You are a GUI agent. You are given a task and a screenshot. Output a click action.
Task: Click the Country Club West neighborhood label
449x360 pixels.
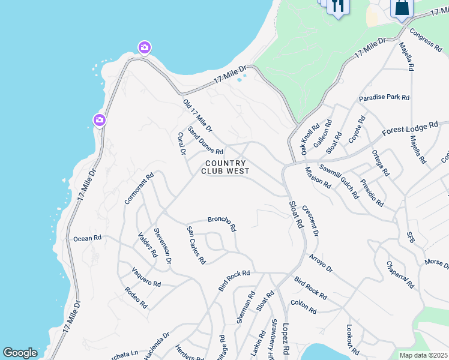tap(225, 167)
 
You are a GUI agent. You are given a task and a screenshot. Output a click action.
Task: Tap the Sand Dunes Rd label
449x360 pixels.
tap(205, 140)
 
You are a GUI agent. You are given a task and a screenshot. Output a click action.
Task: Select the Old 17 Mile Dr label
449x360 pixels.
tap(197, 116)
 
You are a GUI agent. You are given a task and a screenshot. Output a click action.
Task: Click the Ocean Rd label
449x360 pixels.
tap(87, 238)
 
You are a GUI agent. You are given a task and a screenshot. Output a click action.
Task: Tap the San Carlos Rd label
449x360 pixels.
tap(196, 245)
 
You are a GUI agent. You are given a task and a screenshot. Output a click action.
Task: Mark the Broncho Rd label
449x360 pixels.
tap(222, 224)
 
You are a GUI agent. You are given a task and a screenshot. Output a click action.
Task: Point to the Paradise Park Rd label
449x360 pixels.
tap(384, 97)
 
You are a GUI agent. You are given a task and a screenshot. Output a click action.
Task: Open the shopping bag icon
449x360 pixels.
tap(402, 8)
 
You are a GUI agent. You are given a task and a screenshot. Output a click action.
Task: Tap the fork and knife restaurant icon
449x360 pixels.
tap(338, 7)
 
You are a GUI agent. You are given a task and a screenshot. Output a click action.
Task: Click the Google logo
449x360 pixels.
tap(20, 353)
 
